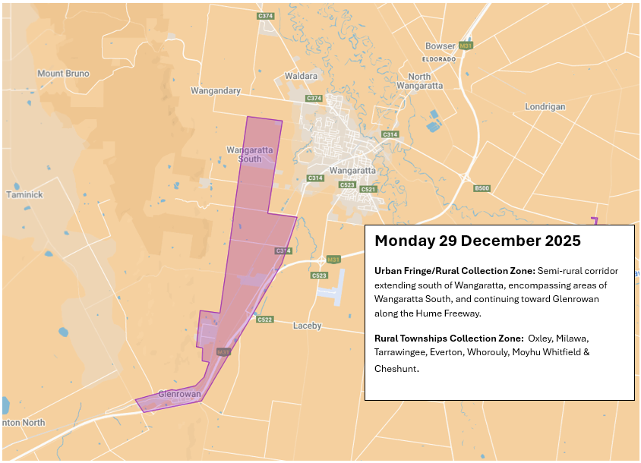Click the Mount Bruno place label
(x=63, y=74)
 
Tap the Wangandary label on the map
(x=215, y=90)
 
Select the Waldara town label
(x=300, y=77)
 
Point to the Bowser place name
(x=440, y=46)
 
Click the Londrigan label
(x=545, y=107)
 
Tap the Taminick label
(x=24, y=194)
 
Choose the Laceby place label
(x=308, y=326)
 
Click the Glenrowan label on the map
(x=179, y=395)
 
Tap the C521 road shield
(x=369, y=189)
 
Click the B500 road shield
(x=482, y=188)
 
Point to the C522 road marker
(x=264, y=320)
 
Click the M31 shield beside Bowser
(x=467, y=46)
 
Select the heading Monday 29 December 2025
(x=477, y=241)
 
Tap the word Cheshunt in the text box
(x=395, y=369)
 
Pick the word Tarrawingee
(x=401, y=352)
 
